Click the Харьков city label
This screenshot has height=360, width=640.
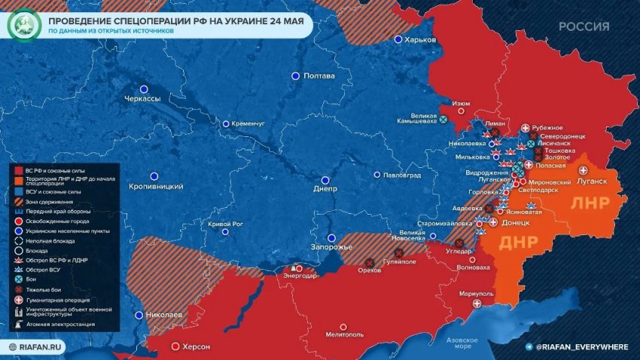[x=420, y=40]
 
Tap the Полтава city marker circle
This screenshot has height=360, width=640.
[x=295, y=76]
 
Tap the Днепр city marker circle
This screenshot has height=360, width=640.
[x=325, y=180]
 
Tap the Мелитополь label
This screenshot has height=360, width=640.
[x=345, y=335]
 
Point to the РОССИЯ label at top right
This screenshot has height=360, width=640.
[x=584, y=26]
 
